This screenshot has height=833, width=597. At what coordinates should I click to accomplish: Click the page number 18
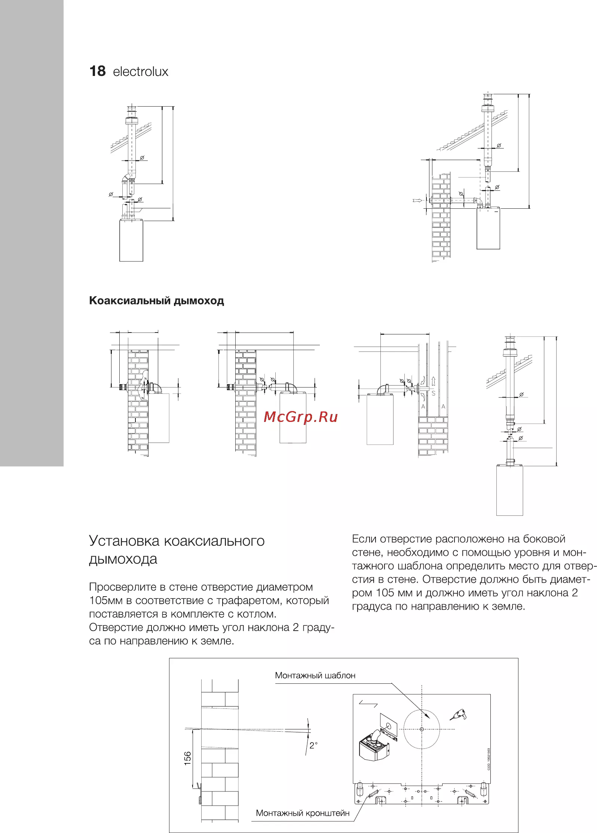coord(97,71)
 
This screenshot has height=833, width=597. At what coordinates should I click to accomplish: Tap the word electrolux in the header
coord(141,71)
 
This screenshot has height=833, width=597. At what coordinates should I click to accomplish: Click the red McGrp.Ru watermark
coord(301,417)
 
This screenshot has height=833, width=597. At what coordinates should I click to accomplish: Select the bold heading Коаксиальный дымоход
coord(156,301)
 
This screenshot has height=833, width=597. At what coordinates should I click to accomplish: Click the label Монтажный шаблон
coord(315,676)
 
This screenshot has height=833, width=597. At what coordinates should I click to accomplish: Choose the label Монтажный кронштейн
coord(303,813)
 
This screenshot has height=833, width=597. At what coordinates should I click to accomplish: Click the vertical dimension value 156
coord(187,758)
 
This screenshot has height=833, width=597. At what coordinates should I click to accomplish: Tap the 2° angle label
coord(313,745)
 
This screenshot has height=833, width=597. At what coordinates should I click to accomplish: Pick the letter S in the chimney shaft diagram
coord(434,393)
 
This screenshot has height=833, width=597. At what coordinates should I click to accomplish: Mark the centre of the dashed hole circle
coord(422,729)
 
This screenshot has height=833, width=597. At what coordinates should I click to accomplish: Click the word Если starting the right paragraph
coord(364,539)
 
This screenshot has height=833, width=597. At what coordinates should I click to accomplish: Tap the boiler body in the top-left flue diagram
coord(131,240)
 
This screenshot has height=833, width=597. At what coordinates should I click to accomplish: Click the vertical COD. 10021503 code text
coord(489,759)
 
